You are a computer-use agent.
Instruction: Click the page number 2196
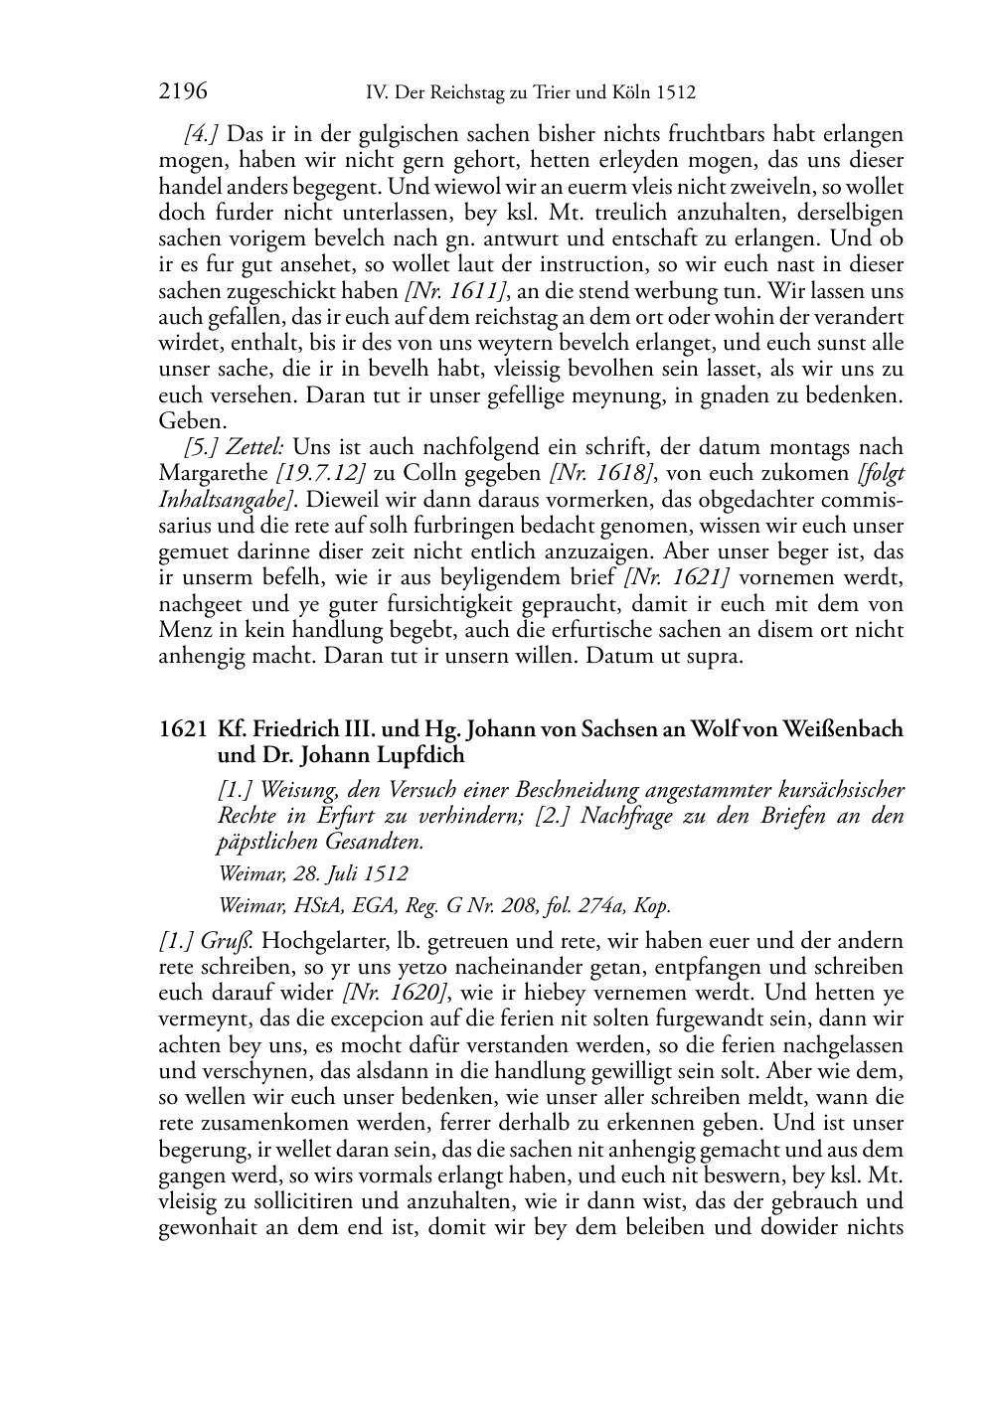click(183, 92)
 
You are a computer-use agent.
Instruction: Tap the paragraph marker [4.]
click(203, 134)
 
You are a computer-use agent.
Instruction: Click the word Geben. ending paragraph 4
click(187, 420)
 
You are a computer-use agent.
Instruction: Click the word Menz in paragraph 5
click(184, 630)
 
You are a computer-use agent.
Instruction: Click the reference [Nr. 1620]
click(394, 993)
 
